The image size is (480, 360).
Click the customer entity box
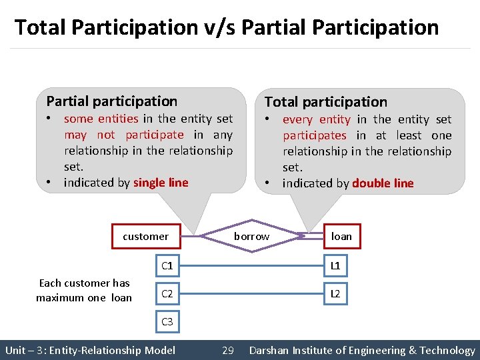coord(145,236)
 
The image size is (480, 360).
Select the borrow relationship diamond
coord(251,236)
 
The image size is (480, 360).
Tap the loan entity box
coord(341,236)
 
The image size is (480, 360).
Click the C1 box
coord(167,266)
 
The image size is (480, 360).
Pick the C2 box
coord(167,294)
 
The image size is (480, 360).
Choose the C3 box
coord(167,322)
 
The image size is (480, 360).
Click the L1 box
coord(335,266)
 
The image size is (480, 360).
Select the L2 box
coord(335,294)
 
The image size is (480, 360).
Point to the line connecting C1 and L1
coord(251,267)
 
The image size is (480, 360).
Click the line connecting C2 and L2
coord(251,294)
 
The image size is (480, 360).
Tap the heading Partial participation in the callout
coord(112,101)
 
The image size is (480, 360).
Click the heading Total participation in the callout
coord(325,102)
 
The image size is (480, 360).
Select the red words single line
coord(161,183)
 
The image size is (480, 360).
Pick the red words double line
coord(383,183)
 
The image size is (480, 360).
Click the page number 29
coord(227,350)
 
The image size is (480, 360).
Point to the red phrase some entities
coord(101,119)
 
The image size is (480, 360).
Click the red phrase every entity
coord(316,119)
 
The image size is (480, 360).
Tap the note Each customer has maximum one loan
coord(84,290)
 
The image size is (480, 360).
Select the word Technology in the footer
coord(447,350)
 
